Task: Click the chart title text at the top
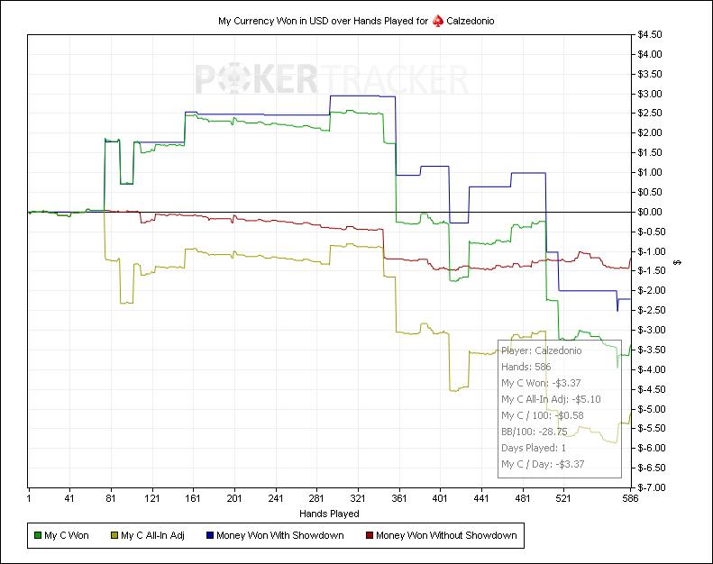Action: coord(356,20)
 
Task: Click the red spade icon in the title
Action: coord(437,20)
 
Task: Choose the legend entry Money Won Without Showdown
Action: coord(446,536)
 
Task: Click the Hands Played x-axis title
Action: coord(328,514)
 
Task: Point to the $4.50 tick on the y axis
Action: coord(650,35)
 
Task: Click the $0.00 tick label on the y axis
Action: coord(650,212)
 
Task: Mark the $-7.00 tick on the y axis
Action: coord(651,487)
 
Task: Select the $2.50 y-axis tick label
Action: coord(650,114)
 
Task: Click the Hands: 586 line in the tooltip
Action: coord(527,367)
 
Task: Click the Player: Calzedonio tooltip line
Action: coord(541,350)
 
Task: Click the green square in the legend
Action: coord(38,536)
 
